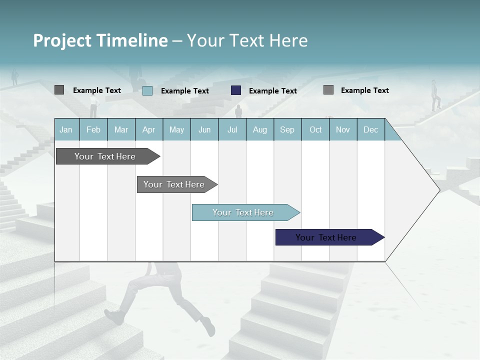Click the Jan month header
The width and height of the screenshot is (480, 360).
(66, 129)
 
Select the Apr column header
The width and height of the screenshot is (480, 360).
(148, 129)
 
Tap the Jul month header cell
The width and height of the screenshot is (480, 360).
(232, 129)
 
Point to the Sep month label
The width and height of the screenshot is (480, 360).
(287, 129)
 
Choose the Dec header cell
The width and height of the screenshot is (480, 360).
(370, 129)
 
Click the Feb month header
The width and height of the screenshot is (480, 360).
(93, 129)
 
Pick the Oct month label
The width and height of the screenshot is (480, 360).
(315, 129)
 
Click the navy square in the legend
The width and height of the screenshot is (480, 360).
(236, 90)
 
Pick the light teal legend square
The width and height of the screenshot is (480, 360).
(147, 90)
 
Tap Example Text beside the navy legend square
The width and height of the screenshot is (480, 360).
(273, 91)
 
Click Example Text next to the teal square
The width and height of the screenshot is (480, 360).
(185, 91)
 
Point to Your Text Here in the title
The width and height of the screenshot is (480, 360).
(247, 40)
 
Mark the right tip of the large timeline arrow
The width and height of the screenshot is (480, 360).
(439, 190)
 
